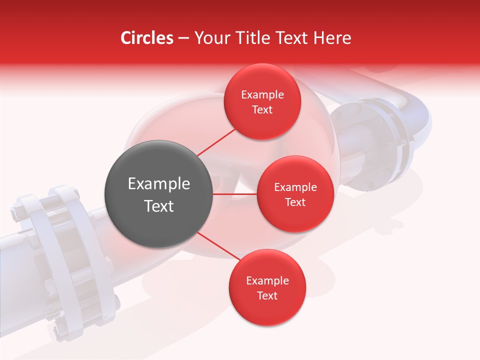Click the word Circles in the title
(147, 38)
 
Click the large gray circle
(159, 194)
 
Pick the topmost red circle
(262, 102)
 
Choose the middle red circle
(295, 194)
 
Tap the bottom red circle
(267, 288)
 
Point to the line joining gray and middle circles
(235, 194)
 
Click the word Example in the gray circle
(159, 184)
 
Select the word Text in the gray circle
(159, 206)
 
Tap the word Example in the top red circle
(262, 94)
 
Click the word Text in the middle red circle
(295, 202)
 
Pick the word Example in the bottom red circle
(267, 280)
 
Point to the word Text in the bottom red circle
(267, 296)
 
